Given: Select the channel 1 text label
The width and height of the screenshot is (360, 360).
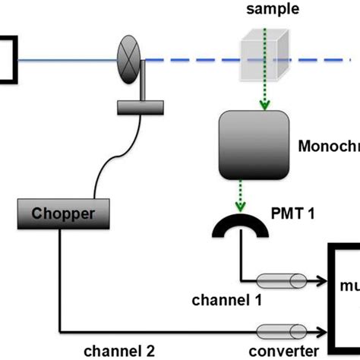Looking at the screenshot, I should [226, 300].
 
